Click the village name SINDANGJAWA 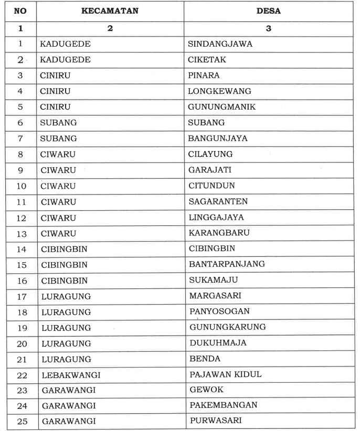(x=220, y=44)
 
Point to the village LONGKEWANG (x=219, y=91)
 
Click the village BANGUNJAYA (x=217, y=138)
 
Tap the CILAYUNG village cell (x=210, y=154)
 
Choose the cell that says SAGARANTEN (x=218, y=201)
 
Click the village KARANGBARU (x=219, y=233)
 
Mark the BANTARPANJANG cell (x=227, y=264)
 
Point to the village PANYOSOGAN (x=219, y=311)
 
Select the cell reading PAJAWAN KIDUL (x=225, y=374)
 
